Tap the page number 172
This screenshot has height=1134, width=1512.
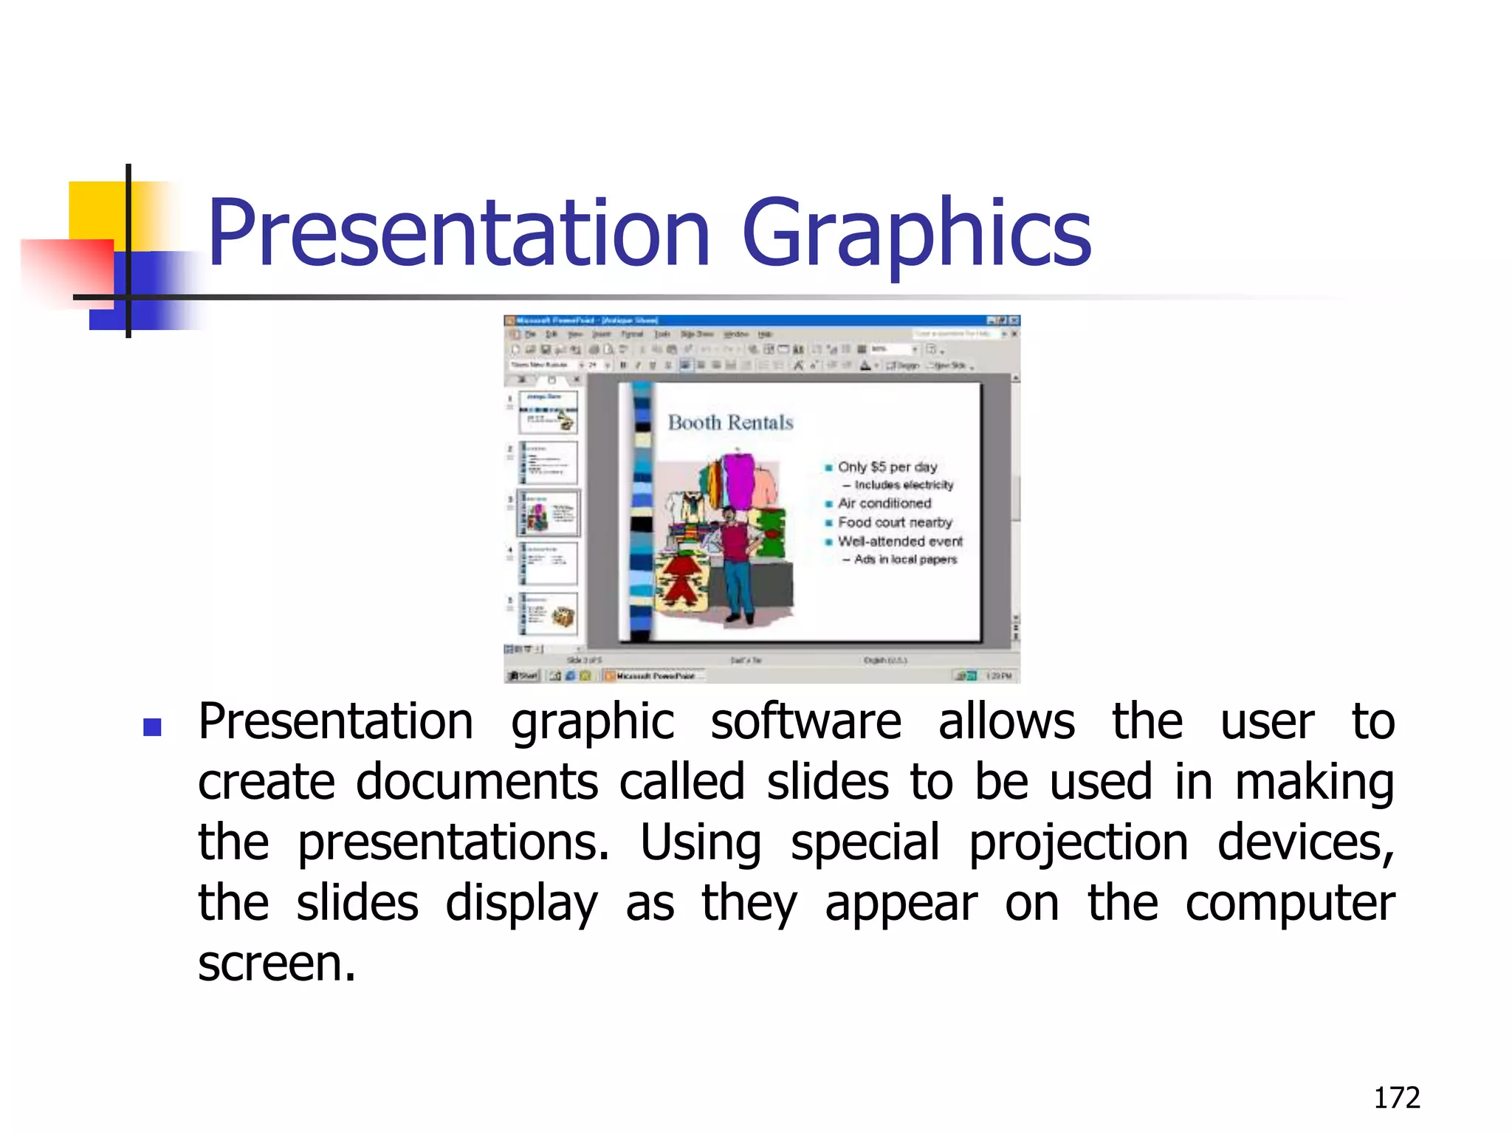1396,1098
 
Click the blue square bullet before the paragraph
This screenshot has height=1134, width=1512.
153,728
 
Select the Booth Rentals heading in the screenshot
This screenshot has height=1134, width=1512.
730,422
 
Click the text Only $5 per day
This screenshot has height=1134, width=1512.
887,467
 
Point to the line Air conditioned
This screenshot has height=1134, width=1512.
884,503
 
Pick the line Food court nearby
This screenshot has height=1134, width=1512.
894,522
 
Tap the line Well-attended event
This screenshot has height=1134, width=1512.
899,541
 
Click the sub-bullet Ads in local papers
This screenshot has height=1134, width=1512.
904,560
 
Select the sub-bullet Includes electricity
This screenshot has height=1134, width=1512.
903,485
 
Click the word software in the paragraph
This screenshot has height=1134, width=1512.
805,722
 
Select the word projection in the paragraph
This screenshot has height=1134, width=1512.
1078,843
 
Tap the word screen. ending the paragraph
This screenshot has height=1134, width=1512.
277,964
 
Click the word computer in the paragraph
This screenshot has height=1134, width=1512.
1289,904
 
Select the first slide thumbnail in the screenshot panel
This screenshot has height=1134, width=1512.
548,412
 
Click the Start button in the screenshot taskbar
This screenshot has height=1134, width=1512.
523,676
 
